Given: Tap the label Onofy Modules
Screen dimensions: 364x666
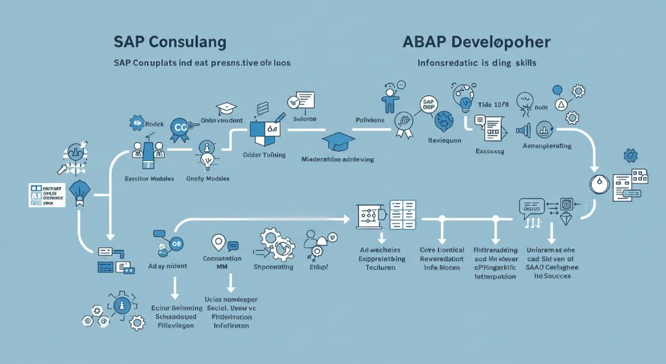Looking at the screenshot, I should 208,178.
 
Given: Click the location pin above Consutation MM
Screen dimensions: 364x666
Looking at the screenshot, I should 218,242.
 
